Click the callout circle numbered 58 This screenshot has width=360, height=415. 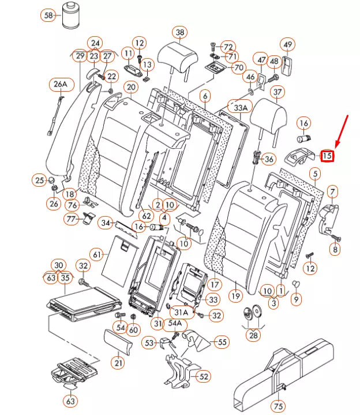coord(48,15)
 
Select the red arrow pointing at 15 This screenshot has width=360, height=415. coord(341,131)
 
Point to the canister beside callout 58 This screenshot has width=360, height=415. coord(72,15)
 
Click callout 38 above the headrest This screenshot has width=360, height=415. coord(180,32)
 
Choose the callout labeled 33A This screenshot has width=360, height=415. coord(239,108)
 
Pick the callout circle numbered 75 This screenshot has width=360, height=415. coord(279,406)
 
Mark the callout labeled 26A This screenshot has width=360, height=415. coord(61,85)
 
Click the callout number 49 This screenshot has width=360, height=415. coord(287,44)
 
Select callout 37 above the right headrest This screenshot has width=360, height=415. coord(279,92)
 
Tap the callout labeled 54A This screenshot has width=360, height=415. coord(175,323)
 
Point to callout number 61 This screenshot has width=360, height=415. coord(97,254)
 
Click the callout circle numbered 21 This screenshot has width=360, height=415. coord(118,363)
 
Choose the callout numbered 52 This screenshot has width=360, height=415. coord(204,376)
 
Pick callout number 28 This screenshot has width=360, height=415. coord(253,334)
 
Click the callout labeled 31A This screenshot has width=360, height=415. coord(182,311)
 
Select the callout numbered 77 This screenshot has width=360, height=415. coord(72,219)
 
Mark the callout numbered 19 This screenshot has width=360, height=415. coord(235,297)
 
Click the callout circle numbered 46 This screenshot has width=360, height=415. coord(250,77)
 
